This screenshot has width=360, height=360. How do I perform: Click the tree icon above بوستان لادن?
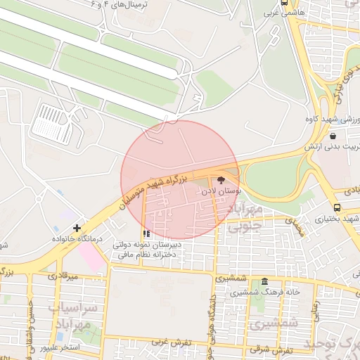coord(222,179)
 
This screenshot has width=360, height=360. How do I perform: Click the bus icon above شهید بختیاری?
coord(337,207)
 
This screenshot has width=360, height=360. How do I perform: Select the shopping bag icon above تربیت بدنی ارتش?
coord(332,136)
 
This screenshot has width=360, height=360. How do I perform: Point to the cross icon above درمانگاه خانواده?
coord(77,228)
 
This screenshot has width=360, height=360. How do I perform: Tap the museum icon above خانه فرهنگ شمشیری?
coord(264,281)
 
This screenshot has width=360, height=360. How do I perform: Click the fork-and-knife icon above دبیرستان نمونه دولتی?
coord(146,233)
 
